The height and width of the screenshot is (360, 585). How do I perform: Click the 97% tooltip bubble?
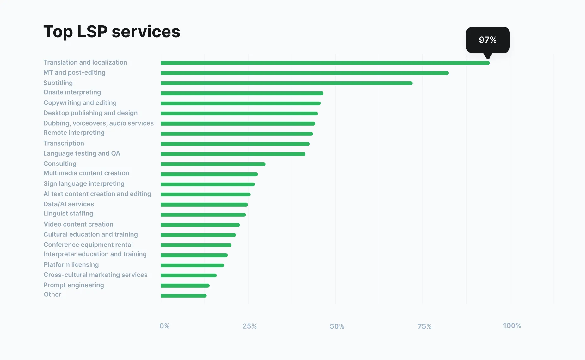click(x=488, y=40)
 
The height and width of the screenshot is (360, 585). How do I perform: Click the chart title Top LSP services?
click(x=112, y=32)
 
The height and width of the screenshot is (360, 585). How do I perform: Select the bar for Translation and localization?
click(x=325, y=63)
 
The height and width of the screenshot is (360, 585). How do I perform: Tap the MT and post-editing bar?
click(x=304, y=73)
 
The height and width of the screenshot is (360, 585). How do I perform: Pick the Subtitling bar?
click(x=286, y=83)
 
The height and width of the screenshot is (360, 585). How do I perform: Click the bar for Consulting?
click(x=213, y=164)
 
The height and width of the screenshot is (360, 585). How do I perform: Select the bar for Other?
click(x=183, y=296)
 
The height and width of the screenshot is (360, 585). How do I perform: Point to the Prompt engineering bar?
click(x=185, y=286)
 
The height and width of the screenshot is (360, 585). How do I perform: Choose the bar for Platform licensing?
click(x=192, y=265)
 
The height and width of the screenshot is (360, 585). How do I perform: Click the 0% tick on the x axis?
click(x=164, y=326)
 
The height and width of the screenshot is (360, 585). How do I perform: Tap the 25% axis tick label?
click(x=249, y=326)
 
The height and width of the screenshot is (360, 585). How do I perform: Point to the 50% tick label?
click(x=337, y=326)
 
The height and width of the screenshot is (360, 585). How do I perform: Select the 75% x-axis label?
click(x=424, y=326)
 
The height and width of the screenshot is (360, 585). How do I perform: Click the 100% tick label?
click(x=512, y=326)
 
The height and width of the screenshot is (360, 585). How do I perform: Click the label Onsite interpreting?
click(x=72, y=92)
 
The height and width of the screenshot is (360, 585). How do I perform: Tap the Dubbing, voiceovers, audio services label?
click(x=98, y=123)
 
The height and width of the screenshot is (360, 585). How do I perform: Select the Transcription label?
click(x=64, y=143)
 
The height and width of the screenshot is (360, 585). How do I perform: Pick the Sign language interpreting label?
click(x=84, y=184)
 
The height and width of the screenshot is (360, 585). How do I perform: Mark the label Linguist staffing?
click(x=68, y=214)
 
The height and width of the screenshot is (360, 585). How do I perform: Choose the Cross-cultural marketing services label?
click(x=95, y=275)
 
